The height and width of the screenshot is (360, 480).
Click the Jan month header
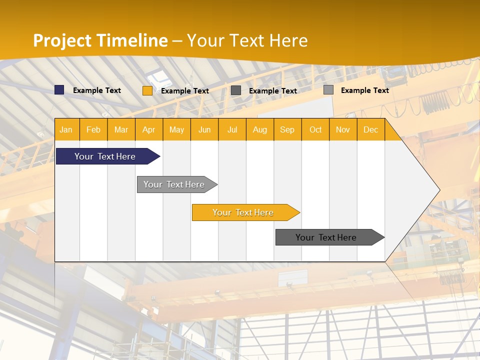[66, 129]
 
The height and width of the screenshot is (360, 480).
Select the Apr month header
[149, 129]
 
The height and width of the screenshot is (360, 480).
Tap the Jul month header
[232, 129]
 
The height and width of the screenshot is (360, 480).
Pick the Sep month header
[287, 129]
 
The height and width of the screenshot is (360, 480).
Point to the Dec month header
[370, 129]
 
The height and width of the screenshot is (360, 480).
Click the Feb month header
[93, 129]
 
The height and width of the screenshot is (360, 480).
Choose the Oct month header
[315, 129]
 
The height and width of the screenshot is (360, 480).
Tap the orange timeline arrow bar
[243, 212]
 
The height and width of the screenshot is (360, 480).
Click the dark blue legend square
[59, 90]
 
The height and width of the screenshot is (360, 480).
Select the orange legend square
[147, 90]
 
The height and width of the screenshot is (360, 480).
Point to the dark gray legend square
[236, 90]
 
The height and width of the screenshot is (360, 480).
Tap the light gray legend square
[328, 90]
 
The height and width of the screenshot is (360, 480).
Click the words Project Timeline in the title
[100, 40]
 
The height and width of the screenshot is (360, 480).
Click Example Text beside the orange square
[185, 91]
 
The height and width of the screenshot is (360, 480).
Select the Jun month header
[204, 129]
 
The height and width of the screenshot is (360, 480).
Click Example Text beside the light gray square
[365, 90]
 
